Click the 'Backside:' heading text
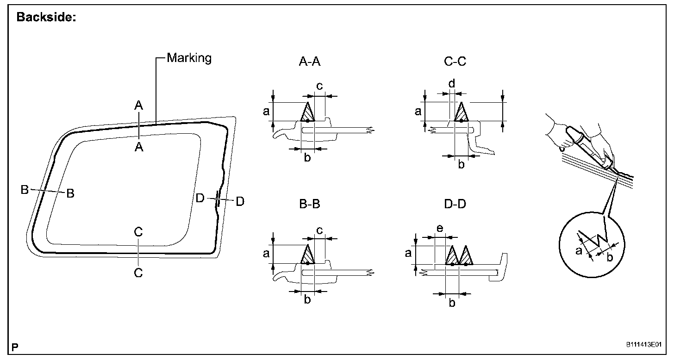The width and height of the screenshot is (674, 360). (x=46, y=17)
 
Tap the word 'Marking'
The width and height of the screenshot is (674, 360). (x=189, y=58)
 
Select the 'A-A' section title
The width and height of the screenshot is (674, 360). (x=310, y=62)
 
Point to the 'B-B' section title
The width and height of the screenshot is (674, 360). (x=310, y=204)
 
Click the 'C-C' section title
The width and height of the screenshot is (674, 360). (x=455, y=62)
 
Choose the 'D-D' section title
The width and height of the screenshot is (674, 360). (x=455, y=204)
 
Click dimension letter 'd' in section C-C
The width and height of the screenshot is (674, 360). (x=452, y=83)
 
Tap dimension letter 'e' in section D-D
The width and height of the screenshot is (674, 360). (x=440, y=229)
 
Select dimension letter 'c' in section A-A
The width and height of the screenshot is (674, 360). (x=319, y=86)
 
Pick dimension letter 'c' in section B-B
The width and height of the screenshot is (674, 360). (x=319, y=230)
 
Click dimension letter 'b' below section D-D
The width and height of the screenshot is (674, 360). (x=452, y=303)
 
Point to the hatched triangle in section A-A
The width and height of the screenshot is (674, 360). (x=307, y=113)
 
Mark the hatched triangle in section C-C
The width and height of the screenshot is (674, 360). (x=461, y=113)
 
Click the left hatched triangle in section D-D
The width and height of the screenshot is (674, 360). (x=452, y=256)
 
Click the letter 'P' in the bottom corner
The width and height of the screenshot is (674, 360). (x=15, y=348)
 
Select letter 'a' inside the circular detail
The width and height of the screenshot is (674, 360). (x=579, y=250)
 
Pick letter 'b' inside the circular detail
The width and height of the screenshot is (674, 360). (x=610, y=257)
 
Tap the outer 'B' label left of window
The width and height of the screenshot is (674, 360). (x=25, y=190)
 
